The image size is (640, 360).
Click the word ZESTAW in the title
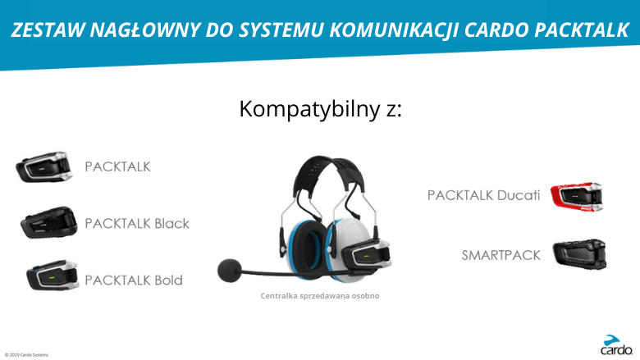tap(48, 30)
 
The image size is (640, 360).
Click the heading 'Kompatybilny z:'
tap(320, 109)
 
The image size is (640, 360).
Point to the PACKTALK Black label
tap(137, 223)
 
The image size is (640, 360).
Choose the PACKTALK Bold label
tap(134, 280)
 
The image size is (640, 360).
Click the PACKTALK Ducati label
tap(483, 195)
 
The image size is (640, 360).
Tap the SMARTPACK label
tap(501, 255)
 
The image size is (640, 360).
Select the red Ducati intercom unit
tap(577, 197)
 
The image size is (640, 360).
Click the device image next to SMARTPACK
tap(579, 254)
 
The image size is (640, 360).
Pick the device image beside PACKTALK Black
tap(48, 222)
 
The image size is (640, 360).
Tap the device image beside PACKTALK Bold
tap(53, 276)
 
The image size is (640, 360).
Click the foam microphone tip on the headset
tap(230, 270)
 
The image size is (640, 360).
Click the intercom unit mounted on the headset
tap(364, 255)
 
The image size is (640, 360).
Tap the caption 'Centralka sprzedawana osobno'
tap(320, 295)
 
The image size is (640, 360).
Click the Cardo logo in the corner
tap(616, 345)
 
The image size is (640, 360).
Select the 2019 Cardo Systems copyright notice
tap(26, 355)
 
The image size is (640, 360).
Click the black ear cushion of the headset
tap(310, 248)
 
